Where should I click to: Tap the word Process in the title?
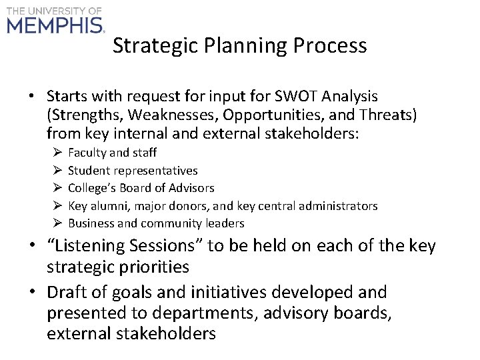coord(331,45)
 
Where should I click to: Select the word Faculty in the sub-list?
coord(87,153)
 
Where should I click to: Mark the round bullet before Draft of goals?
coord(33,293)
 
